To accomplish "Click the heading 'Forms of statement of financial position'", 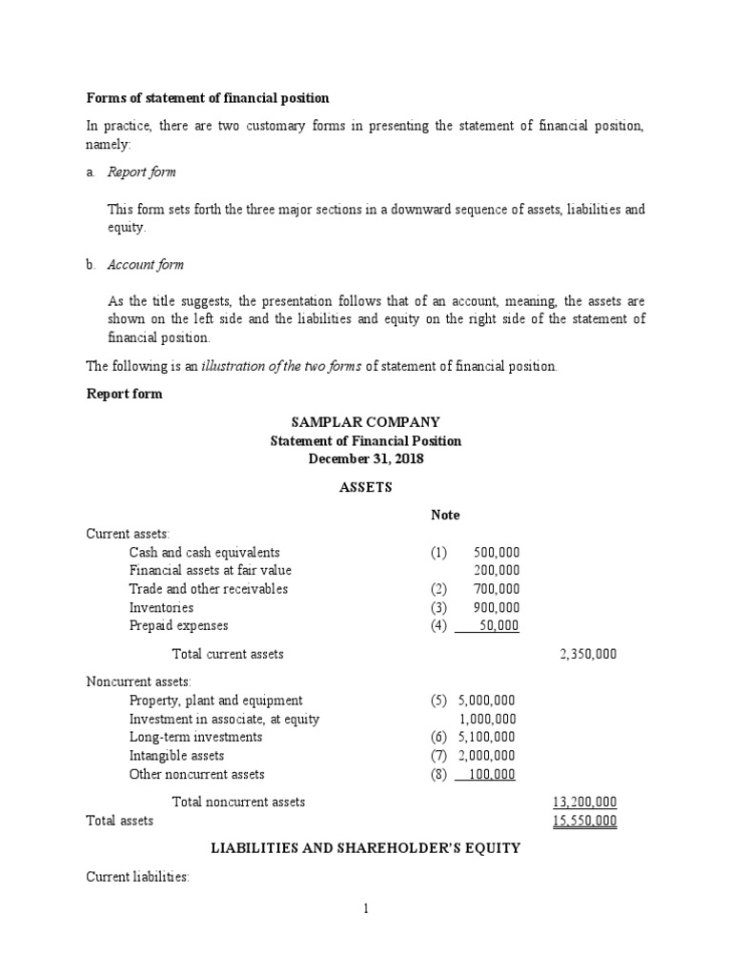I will pyautogui.click(x=208, y=97).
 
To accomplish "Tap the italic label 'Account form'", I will pyautogui.click(x=145, y=265).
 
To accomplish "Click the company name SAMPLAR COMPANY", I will pyautogui.click(x=365, y=422).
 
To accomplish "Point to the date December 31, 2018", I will pyautogui.click(x=365, y=459).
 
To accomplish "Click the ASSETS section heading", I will pyautogui.click(x=365, y=487).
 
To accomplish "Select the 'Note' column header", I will pyautogui.click(x=445, y=515).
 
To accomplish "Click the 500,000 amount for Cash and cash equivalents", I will pyautogui.click(x=496, y=553).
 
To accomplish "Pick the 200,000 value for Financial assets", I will pyautogui.click(x=496, y=571).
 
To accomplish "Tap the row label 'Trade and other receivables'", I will pyautogui.click(x=209, y=589).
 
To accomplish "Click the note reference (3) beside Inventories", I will pyautogui.click(x=437, y=608).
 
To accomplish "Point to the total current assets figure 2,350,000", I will pyautogui.click(x=587, y=655).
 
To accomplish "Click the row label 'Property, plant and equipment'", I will pyautogui.click(x=216, y=701).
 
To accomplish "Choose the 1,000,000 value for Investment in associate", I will pyautogui.click(x=487, y=720).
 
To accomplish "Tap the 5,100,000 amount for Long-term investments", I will pyautogui.click(x=487, y=738).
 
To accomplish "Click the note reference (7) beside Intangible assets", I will pyautogui.click(x=437, y=756).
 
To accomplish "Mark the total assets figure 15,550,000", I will pyautogui.click(x=584, y=821).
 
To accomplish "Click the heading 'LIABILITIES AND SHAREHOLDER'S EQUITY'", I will pyautogui.click(x=365, y=848).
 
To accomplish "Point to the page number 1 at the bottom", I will pyautogui.click(x=365, y=909).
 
